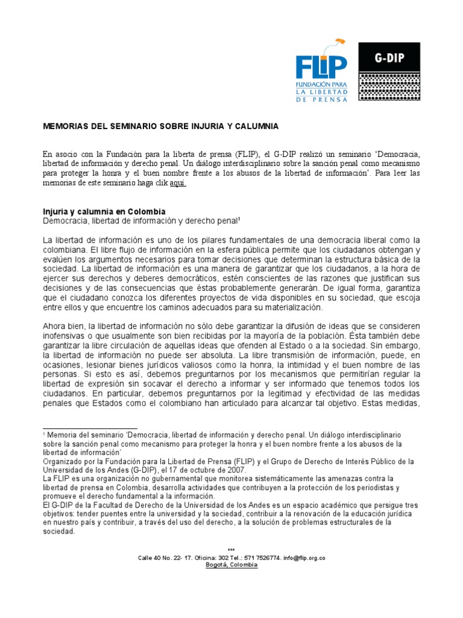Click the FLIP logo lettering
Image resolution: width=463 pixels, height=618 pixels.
pyautogui.click(x=321, y=66)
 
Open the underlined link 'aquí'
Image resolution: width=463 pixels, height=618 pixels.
pyautogui.click(x=178, y=183)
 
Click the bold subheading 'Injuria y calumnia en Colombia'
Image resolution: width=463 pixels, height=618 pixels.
pyautogui.click(x=104, y=212)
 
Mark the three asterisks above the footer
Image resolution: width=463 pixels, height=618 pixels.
pyautogui.click(x=231, y=550)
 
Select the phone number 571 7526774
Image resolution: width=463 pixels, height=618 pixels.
pyautogui.click(x=257, y=558)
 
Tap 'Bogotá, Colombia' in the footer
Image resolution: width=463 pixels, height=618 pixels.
pyautogui.click(x=231, y=565)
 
